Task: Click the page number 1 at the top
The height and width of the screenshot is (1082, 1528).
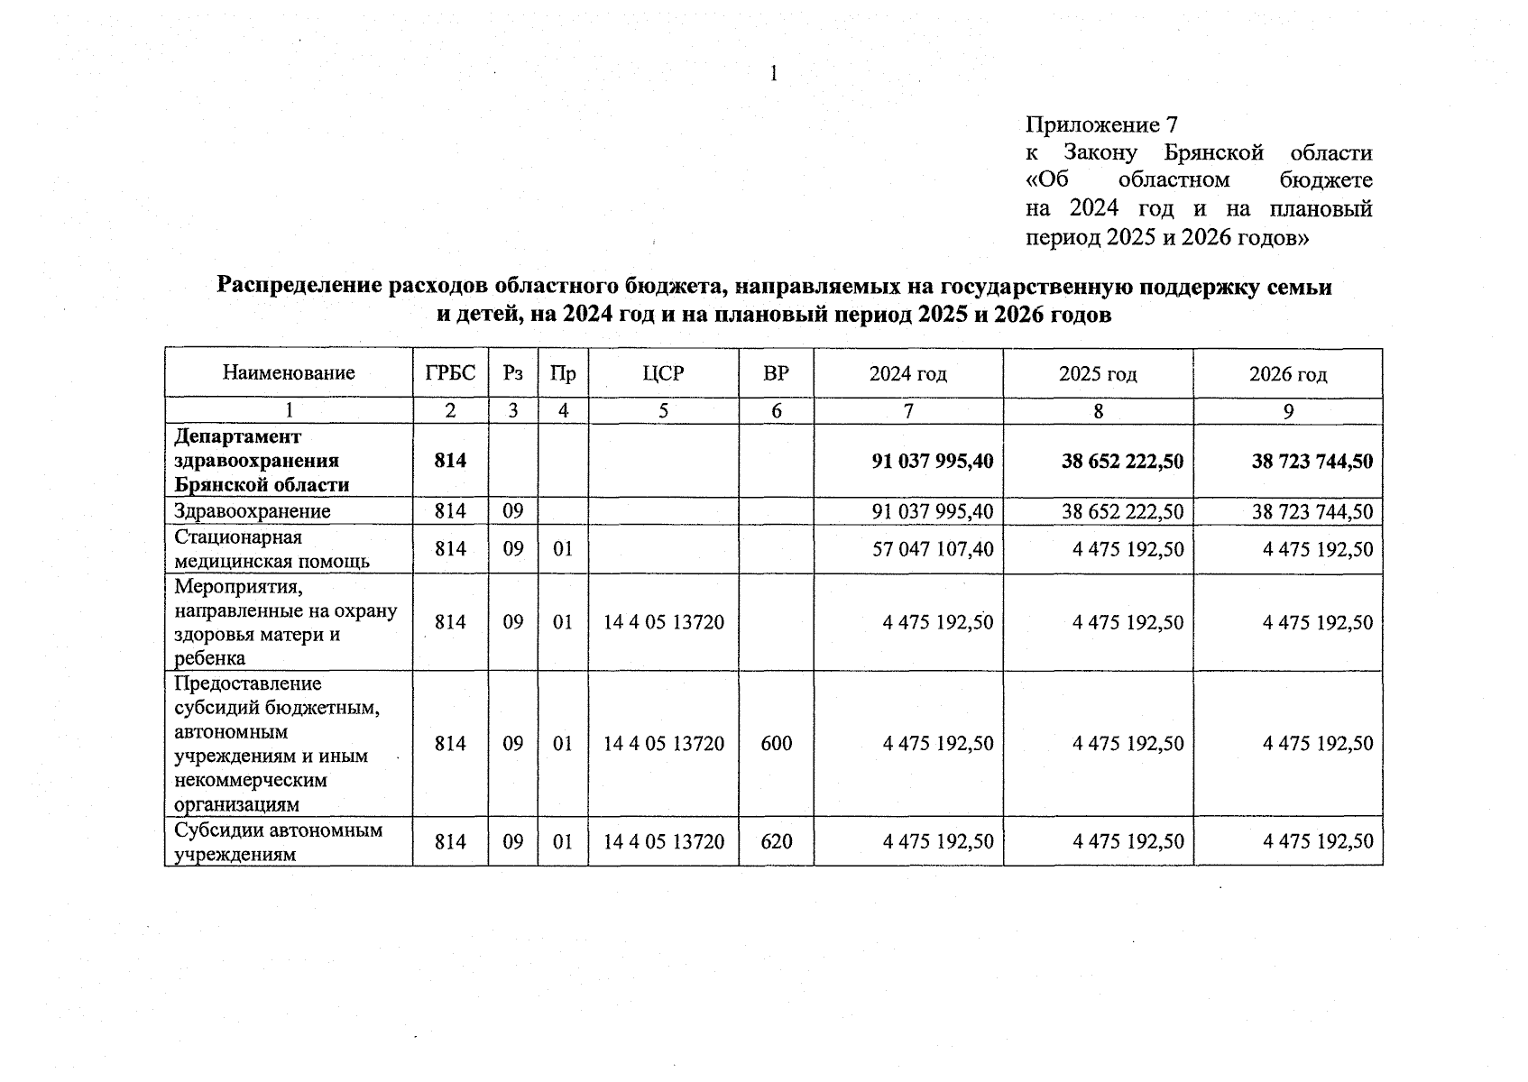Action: point(773,74)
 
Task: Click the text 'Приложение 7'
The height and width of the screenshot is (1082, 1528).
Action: point(1101,124)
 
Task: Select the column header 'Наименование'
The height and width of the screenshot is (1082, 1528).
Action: point(289,372)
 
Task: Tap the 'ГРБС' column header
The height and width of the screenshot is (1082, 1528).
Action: point(450,372)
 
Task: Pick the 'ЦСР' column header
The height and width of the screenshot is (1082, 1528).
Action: point(663,372)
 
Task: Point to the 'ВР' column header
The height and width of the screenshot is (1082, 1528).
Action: point(776,372)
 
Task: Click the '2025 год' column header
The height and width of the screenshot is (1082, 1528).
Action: point(1098,373)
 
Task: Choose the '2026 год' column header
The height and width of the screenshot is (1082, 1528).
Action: point(1288,373)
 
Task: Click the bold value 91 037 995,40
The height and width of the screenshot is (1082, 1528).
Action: point(933,461)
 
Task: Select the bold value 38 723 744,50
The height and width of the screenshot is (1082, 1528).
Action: point(1312,461)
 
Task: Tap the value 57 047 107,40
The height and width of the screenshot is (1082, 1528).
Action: point(933,549)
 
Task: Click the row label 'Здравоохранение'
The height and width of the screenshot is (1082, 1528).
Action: point(253,511)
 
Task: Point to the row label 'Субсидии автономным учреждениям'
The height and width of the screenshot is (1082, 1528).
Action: point(278,841)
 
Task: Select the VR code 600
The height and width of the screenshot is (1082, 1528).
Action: point(777,743)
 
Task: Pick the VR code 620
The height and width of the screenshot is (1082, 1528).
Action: point(777,841)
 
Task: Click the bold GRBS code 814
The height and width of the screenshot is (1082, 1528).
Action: point(450,461)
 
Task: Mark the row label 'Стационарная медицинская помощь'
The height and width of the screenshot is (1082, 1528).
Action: point(272,549)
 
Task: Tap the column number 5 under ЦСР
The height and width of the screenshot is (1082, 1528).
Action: point(663,411)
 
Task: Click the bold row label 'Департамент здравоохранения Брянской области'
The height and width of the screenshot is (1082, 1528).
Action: point(262,461)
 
